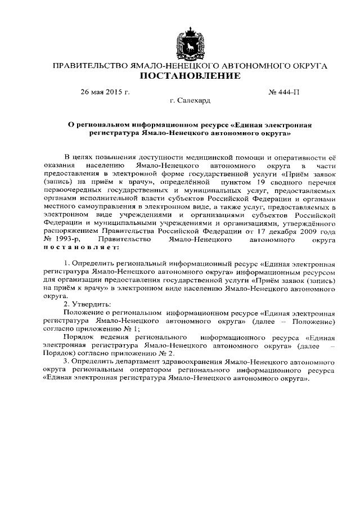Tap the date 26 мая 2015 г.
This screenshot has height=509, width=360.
tap(105, 92)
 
